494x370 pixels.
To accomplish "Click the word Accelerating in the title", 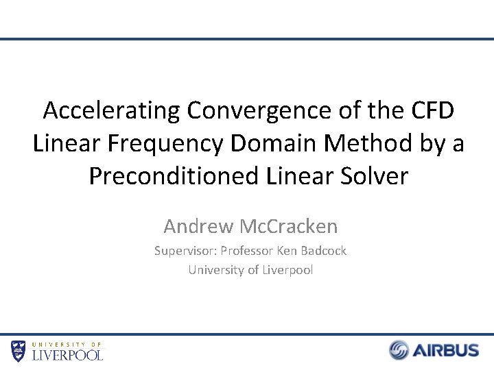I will click(109, 110).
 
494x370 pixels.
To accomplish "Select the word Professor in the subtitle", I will click(246, 251).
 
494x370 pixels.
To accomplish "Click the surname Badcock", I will click(323, 251).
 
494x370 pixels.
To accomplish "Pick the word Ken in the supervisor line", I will click(287, 251).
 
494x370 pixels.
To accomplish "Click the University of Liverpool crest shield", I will click(19, 350).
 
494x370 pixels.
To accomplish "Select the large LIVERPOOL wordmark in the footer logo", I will click(68, 355).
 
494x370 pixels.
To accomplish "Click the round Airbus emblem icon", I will click(399, 350).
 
